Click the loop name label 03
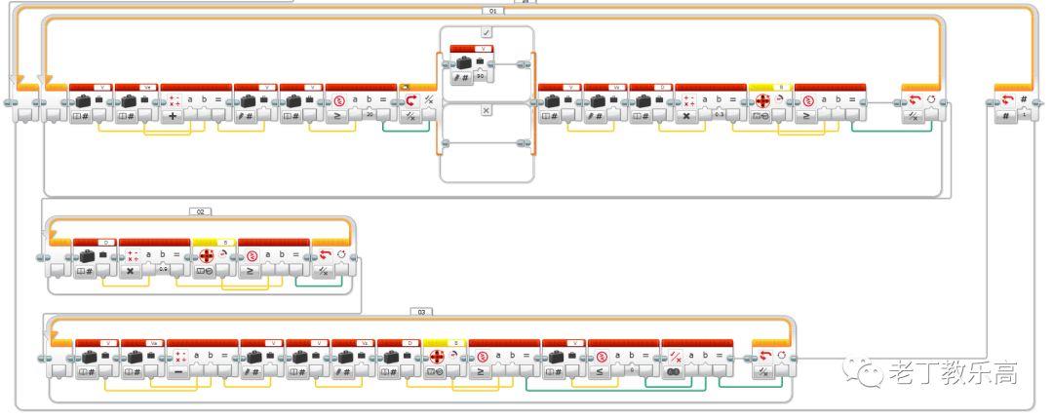click(421, 312)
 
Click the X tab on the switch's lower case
click(486, 111)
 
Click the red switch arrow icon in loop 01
click(409, 101)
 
